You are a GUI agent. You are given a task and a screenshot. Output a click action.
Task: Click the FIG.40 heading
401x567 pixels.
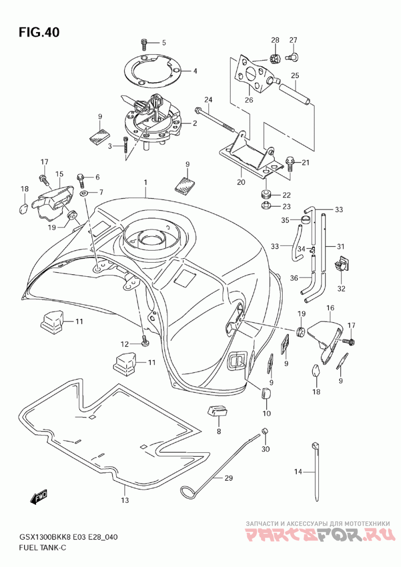point(39,32)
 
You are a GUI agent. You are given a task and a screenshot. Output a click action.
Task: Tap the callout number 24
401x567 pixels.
point(208,99)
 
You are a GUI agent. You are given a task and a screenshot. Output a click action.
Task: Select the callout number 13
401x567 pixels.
point(125,500)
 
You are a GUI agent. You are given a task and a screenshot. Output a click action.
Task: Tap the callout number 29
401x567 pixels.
point(228,478)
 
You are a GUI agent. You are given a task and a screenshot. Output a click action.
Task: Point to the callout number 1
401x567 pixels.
point(146,183)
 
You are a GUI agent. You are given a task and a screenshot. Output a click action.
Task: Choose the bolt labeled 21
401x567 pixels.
point(289,163)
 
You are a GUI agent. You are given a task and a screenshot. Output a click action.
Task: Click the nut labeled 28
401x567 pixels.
point(276,57)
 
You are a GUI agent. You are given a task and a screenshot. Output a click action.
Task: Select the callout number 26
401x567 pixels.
point(249,100)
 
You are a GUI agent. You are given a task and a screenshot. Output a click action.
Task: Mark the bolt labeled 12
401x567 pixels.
point(144,340)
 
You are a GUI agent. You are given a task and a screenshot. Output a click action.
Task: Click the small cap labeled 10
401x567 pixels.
point(266,394)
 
